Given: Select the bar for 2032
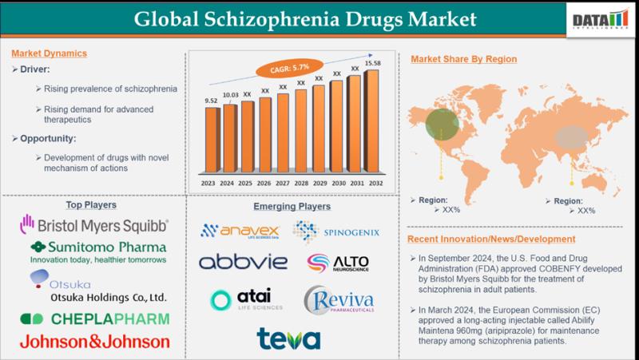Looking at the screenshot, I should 371,128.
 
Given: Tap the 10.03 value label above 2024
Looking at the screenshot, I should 229,95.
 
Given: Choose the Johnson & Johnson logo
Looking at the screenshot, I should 94,342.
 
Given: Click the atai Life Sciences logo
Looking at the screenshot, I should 244,299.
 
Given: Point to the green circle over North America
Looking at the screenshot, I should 442,123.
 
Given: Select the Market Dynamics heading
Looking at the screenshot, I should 49,53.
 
